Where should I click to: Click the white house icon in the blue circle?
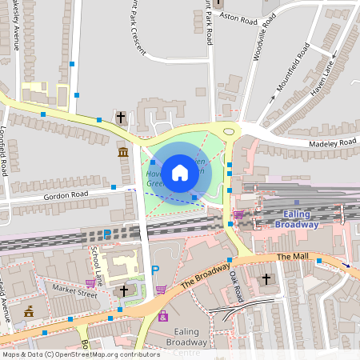(180, 172)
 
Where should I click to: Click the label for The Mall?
(290, 257)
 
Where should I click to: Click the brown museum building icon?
(122, 152)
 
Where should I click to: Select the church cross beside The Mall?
(267, 280)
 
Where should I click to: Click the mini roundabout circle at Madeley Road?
(230, 130)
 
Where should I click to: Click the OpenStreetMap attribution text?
(81, 354)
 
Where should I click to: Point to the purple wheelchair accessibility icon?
(163, 316)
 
